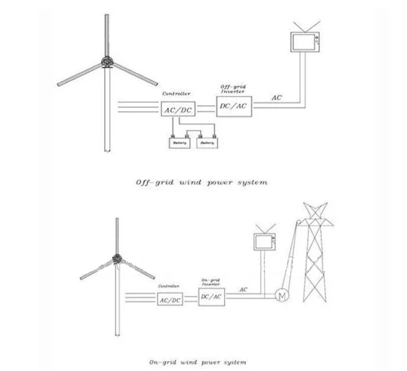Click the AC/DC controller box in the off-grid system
[176, 108]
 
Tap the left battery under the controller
[179, 143]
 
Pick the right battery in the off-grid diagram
[208, 143]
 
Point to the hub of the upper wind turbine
[105, 62]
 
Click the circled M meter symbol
[279, 295]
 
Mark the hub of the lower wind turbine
[118, 259]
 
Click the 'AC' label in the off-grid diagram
[277, 98]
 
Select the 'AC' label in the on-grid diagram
[243, 290]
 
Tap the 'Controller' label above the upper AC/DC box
[176, 93]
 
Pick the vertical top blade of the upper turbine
[105, 35]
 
